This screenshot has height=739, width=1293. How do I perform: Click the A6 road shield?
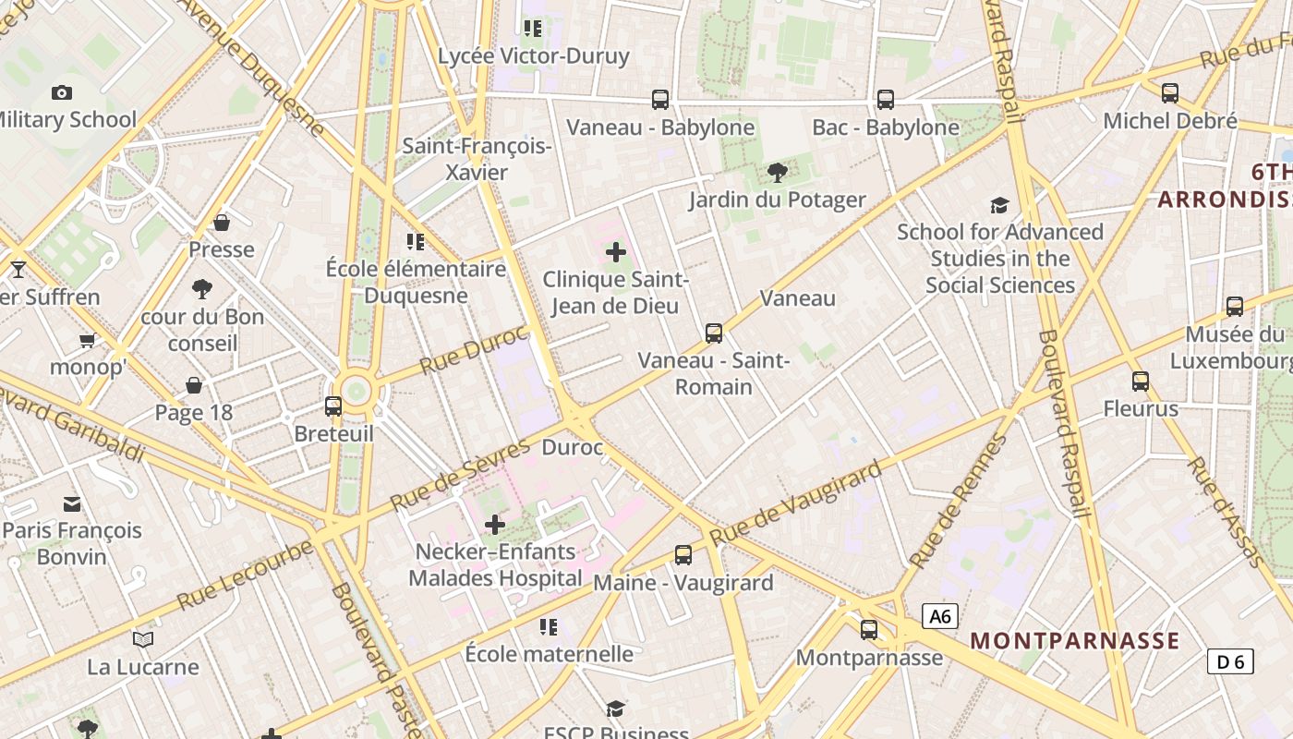(940, 617)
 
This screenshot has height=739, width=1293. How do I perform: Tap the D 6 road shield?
(1230, 661)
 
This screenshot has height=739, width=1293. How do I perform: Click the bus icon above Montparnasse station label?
(869, 630)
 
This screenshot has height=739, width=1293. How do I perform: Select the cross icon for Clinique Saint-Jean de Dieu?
(616, 252)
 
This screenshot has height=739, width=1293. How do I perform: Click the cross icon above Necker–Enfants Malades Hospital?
(495, 525)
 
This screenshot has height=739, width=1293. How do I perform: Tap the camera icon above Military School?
(62, 92)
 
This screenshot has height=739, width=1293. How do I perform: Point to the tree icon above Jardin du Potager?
(777, 172)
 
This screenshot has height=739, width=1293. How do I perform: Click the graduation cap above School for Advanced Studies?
(999, 205)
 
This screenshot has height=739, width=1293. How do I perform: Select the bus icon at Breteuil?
(333, 406)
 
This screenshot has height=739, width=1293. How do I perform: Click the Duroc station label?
(572, 448)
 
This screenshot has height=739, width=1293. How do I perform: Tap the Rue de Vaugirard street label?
(796, 505)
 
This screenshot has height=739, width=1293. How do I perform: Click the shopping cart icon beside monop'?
(88, 341)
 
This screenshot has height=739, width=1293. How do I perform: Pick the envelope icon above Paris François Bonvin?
(72, 504)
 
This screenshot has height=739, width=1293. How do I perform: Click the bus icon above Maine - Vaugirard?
(683, 555)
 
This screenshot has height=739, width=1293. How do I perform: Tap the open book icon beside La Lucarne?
(143, 639)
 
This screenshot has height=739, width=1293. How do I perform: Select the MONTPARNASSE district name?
(1075, 641)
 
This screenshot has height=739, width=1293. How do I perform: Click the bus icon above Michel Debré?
(1170, 92)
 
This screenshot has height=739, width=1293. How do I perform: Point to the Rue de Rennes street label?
(958, 502)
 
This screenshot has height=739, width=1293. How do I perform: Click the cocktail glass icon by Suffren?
(18, 270)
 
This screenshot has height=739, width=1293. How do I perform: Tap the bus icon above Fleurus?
(1141, 381)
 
